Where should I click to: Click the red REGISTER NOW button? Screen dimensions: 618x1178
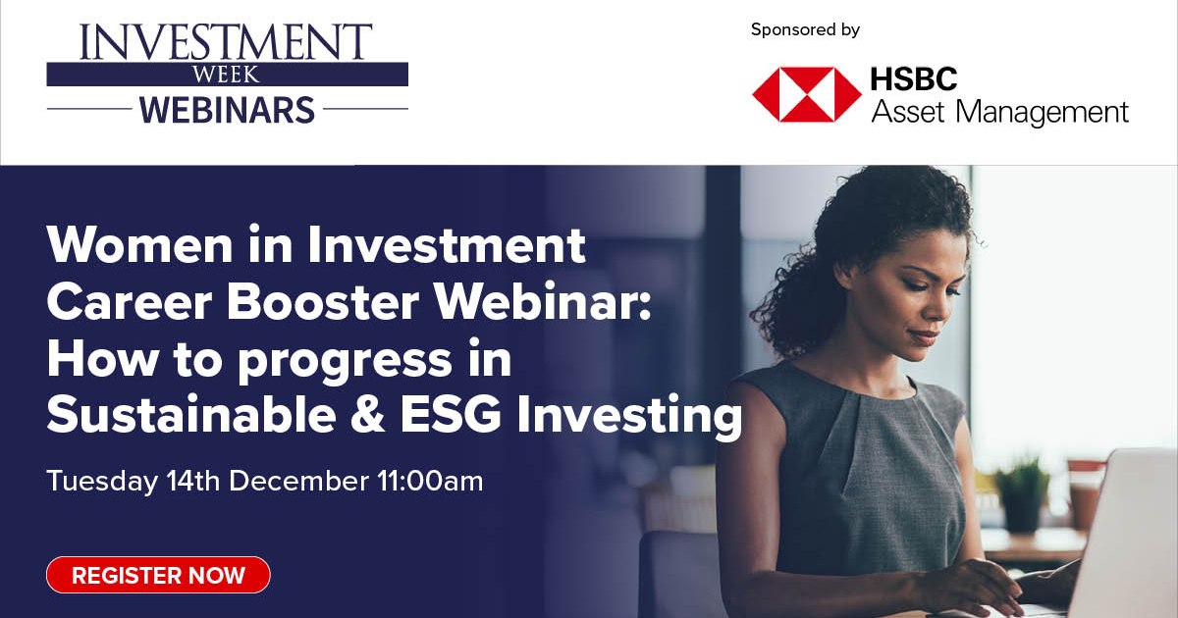click(158, 575)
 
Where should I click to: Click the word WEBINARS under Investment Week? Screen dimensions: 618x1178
click(227, 108)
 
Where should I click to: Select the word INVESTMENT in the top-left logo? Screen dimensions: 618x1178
click(227, 42)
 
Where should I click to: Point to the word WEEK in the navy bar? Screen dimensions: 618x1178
click(227, 75)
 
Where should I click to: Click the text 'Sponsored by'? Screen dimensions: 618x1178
click(805, 29)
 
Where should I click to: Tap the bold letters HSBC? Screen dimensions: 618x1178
click(914, 77)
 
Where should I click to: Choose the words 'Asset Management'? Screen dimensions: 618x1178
click(1000, 112)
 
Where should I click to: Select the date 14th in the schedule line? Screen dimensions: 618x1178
click(192, 482)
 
